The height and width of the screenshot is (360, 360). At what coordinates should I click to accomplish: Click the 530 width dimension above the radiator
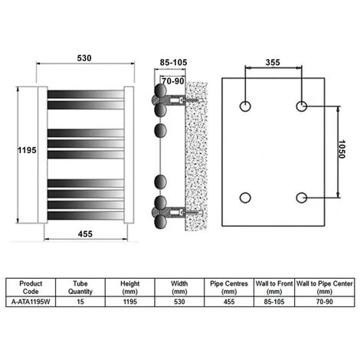(x=84, y=58)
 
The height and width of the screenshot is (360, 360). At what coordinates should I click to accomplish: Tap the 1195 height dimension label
(x=27, y=150)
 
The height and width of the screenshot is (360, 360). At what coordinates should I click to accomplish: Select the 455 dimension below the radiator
(x=85, y=234)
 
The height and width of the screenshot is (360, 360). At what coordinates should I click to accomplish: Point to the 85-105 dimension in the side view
(x=173, y=62)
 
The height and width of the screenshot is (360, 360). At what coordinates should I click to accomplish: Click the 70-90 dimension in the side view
(x=173, y=81)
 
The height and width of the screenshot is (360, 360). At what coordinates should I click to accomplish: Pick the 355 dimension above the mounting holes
(x=273, y=62)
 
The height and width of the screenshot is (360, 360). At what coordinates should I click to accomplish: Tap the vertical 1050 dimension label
(x=342, y=149)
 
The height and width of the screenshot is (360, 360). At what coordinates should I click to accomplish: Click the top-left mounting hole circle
(x=245, y=106)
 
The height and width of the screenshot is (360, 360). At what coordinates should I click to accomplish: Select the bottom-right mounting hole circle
(x=302, y=198)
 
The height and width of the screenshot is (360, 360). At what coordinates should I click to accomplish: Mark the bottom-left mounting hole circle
(x=245, y=198)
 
